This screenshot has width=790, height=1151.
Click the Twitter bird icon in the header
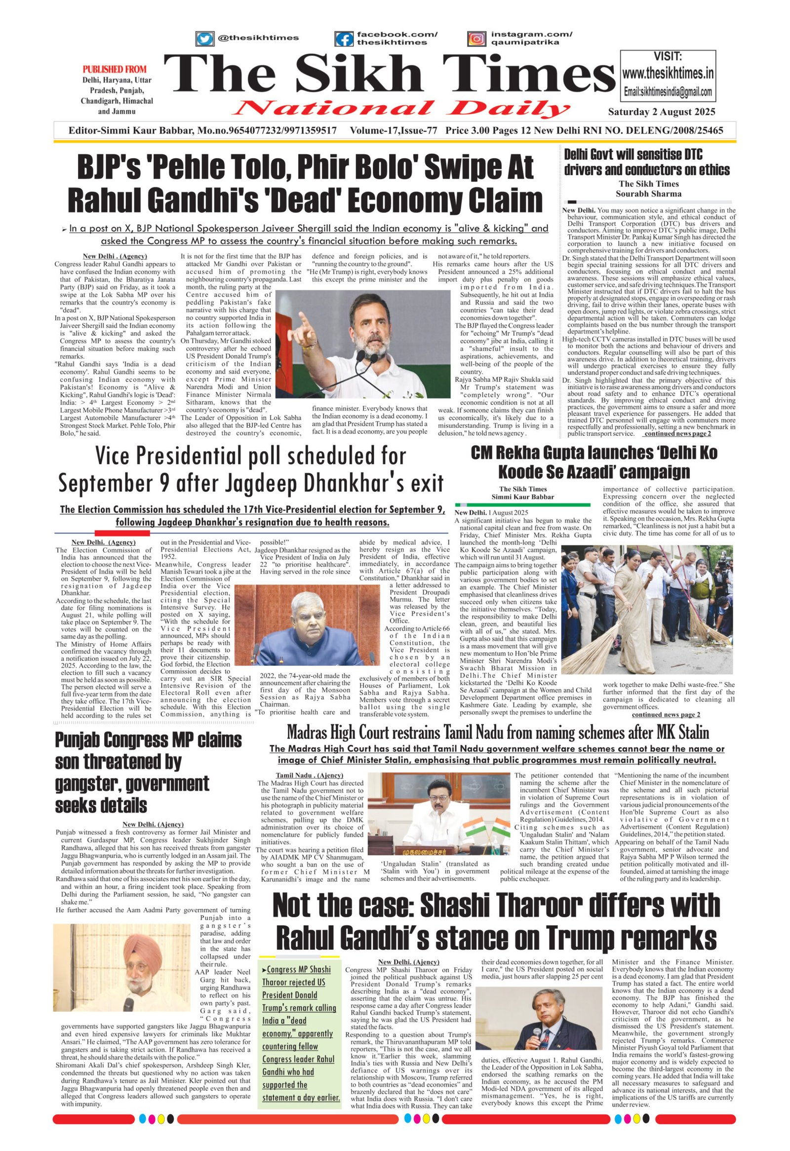[204, 38]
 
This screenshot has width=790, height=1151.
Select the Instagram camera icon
[476, 39]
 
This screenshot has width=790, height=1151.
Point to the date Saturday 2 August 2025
[662, 112]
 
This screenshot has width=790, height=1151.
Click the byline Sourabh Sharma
[648, 194]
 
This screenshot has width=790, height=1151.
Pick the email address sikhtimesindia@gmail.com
[668, 92]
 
